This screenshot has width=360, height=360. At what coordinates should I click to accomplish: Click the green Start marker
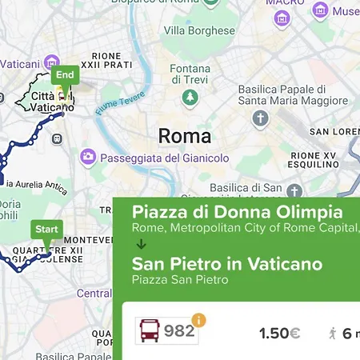(x=47, y=230)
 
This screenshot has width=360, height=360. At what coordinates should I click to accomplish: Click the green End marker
(x=66, y=75)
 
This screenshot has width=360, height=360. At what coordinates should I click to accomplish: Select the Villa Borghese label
(x=199, y=31)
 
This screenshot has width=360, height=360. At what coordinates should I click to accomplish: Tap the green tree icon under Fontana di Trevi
(x=190, y=98)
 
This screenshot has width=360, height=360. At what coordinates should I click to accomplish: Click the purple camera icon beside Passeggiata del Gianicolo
(x=89, y=157)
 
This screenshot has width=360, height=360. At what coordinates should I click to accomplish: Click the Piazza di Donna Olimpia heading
(x=237, y=213)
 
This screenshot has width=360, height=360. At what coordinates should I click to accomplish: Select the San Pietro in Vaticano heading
(x=227, y=264)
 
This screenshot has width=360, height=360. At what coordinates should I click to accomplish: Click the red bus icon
(x=149, y=331)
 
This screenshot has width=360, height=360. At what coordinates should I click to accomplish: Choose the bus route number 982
(x=179, y=331)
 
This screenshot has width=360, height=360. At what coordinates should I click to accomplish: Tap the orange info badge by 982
(x=198, y=320)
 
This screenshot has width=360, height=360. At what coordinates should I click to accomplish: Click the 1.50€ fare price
(x=279, y=333)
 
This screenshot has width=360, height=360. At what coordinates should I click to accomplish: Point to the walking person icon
(x=333, y=333)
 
